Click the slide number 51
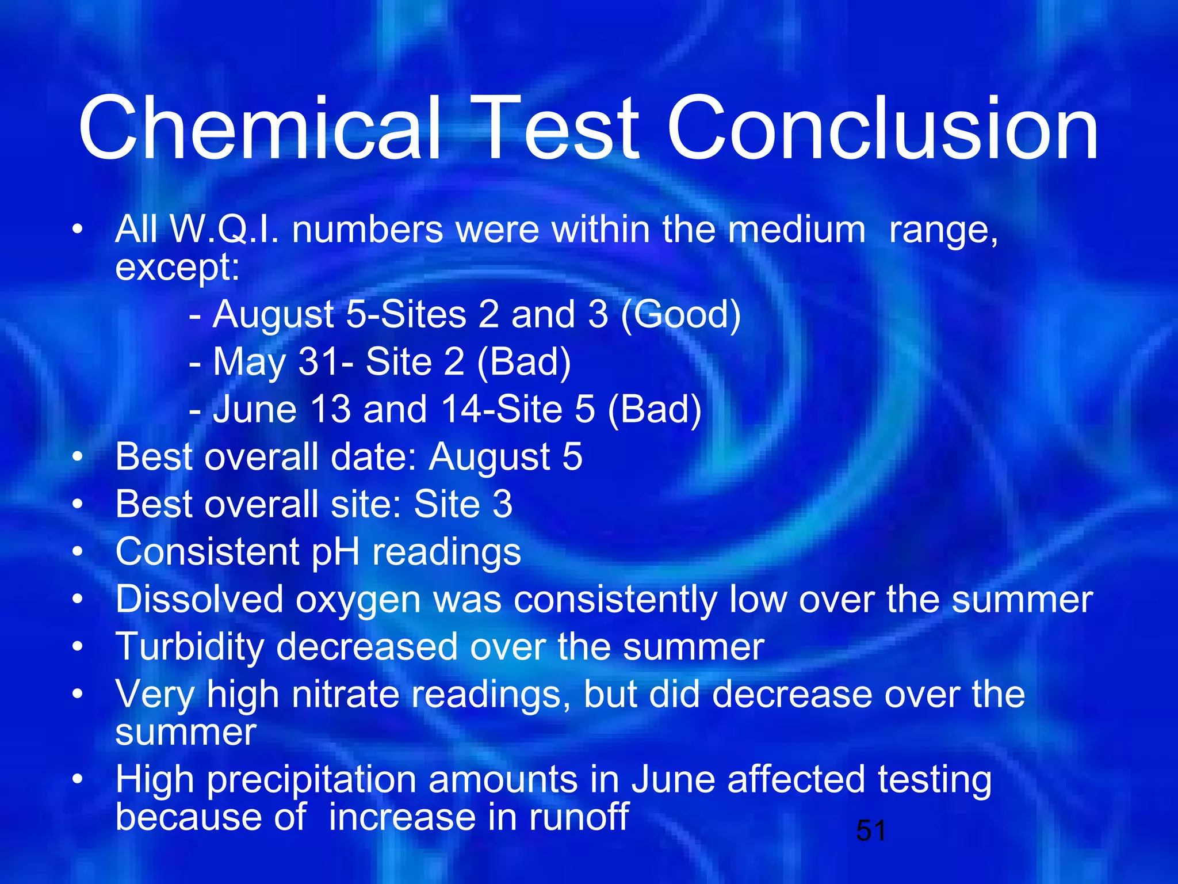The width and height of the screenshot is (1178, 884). click(x=870, y=830)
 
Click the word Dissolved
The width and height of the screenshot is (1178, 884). click(x=199, y=599)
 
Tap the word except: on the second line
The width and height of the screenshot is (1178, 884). click(x=177, y=268)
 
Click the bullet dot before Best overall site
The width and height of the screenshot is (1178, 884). click(x=78, y=505)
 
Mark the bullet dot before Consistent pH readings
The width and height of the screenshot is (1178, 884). click(x=78, y=552)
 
